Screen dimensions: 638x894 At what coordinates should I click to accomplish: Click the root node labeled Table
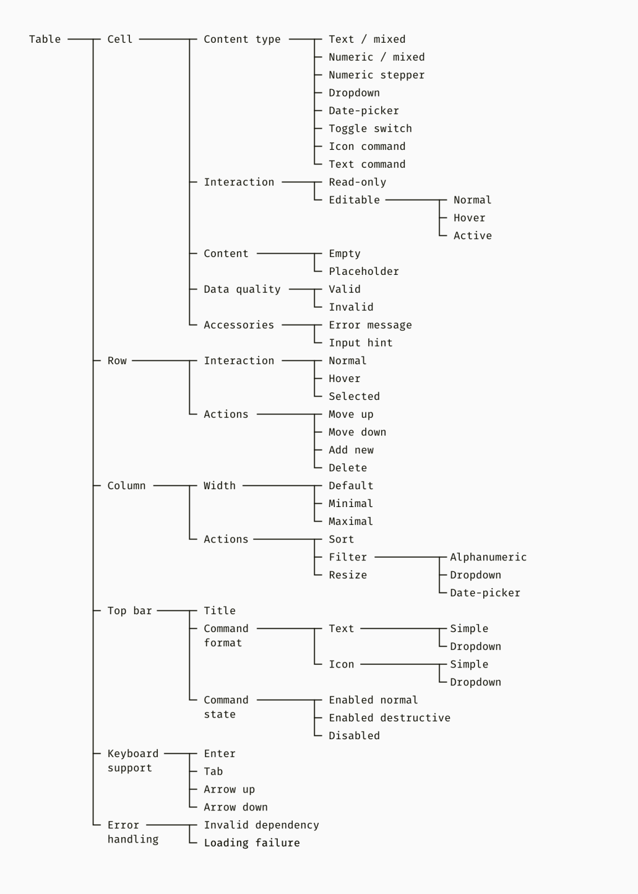point(45,39)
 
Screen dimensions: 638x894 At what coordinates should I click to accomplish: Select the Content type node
point(242,39)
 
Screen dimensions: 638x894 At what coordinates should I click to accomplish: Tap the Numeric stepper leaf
point(377,75)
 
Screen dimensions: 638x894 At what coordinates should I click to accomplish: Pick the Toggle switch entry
point(370,129)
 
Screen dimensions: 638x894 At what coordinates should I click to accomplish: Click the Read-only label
point(358,182)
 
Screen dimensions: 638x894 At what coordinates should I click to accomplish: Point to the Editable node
point(355,200)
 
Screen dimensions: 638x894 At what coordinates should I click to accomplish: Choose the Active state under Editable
point(473,235)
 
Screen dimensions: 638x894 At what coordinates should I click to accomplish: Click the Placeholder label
point(364,271)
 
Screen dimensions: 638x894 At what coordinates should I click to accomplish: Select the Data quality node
point(242,289)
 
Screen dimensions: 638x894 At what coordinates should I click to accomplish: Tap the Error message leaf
point(370,325)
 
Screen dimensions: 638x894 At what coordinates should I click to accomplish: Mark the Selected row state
point(355,396)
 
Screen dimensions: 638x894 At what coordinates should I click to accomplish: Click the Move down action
point(358,432)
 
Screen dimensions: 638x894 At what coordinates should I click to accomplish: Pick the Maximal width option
point(351,521)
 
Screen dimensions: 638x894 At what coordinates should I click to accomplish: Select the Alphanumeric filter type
point(488,557)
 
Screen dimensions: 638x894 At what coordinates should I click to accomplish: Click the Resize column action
point(348,575)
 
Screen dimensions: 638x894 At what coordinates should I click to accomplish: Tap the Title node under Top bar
point(220,610)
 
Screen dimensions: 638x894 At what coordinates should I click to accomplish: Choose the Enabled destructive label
point(389,718)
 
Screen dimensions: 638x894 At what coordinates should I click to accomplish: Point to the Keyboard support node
point(133,761)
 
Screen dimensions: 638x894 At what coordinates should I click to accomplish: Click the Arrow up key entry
point(230,789)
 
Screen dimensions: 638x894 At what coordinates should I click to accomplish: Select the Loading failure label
point(252,843)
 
